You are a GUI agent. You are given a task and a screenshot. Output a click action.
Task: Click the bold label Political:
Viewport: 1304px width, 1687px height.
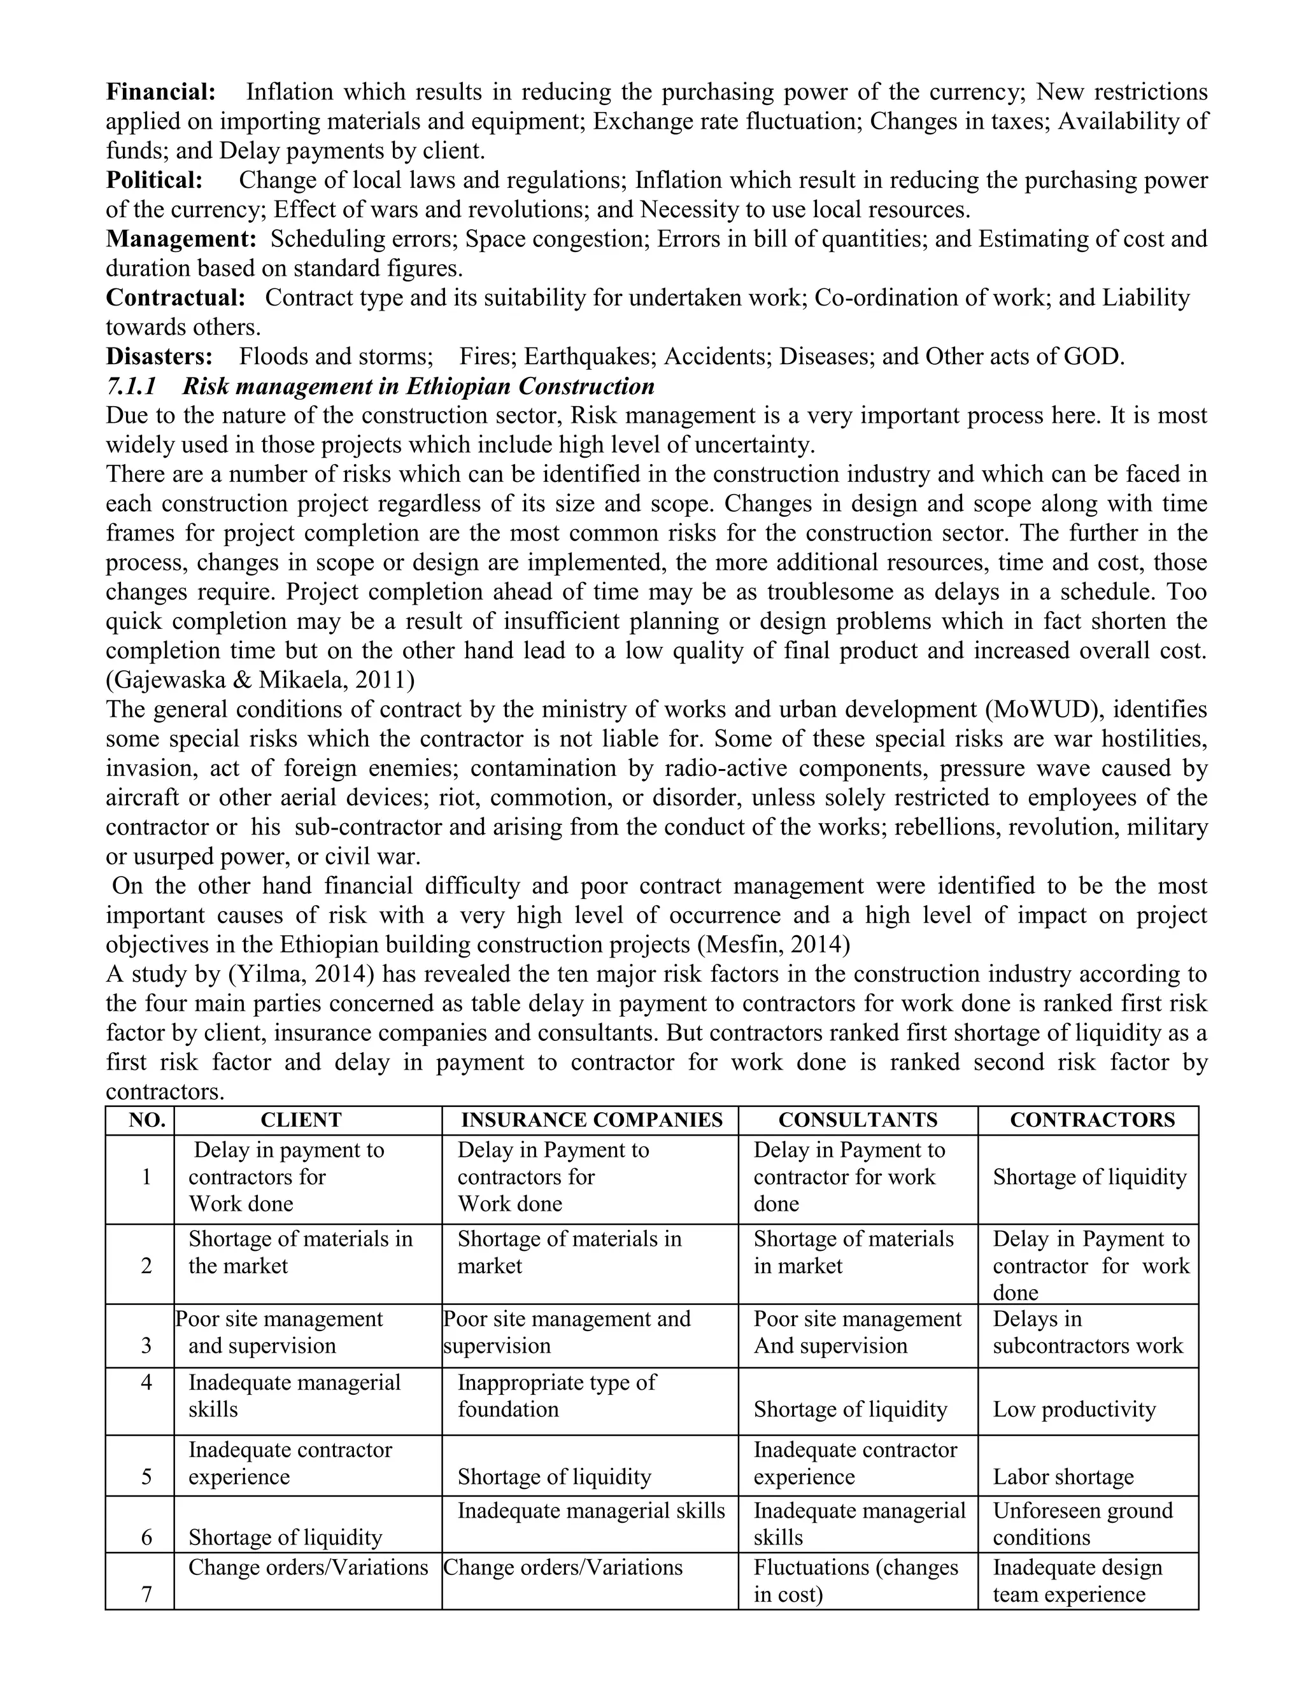coord(153,181)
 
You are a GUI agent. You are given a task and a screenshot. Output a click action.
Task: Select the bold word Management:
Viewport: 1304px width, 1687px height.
coord(181,239)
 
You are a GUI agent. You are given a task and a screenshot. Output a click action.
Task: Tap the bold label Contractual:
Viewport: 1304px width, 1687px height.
coord(175,298)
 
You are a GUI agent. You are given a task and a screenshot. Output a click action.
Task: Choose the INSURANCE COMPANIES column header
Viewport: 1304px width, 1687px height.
coord(591,1120)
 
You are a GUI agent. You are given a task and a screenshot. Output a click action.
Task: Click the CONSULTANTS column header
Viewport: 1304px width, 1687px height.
coord(858,1120)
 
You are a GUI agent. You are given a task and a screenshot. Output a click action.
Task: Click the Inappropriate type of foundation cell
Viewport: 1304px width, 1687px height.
coord(556,1396)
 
